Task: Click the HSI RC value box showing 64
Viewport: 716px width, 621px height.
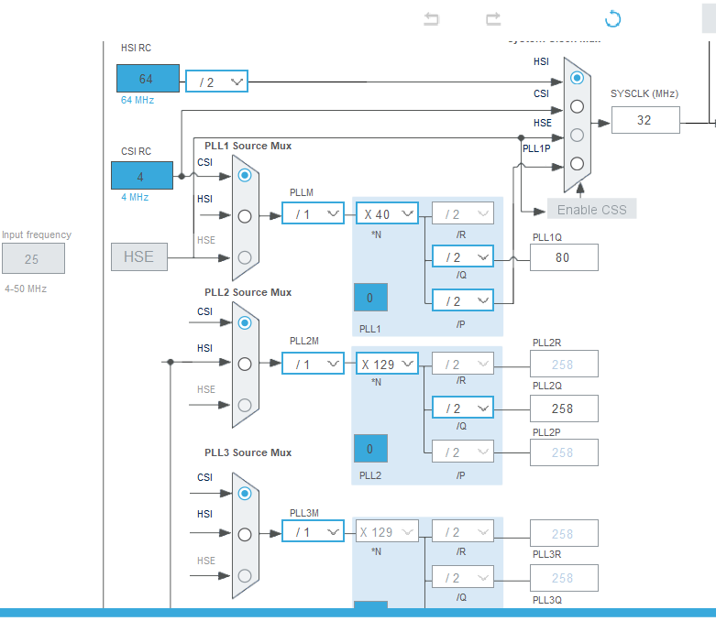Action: pyautogui.click(x=145, y=80)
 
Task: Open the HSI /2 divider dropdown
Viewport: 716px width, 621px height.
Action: pyautogui.click(x=216, y=82)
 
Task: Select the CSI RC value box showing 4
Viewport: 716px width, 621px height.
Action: pyautogui.click(x=141, y=176)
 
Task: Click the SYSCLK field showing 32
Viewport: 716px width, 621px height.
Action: pyautogui.click(x=645, y=120)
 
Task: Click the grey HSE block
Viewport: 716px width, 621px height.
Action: pyautogui.click(x=139, y=256)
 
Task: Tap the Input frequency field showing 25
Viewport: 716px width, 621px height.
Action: pyautogui.click(x=33, y=259)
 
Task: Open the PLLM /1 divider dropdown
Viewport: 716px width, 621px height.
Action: pyautogui.click(x=313, y=213)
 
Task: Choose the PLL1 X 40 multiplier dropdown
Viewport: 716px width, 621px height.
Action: pyautogui.click(x=387, y=213)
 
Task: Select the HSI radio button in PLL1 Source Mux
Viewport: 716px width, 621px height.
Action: pyautogui.click(x=244, y=216)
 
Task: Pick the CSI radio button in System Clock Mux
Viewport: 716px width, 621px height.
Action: pyautogui.click(x=577, y=106)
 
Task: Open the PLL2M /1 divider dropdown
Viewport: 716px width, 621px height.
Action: pyautogui.click(x=313, y=364)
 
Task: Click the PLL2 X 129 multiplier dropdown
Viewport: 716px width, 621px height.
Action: pyautogui.click(x=387, y=364)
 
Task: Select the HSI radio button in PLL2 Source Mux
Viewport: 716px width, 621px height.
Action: pyautogui.click(x=244, y=364)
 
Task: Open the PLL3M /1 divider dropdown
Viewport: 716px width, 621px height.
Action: pyautogui.click(x=313, y=532)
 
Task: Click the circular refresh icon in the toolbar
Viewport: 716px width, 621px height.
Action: pyautogui.click(x=612, y=19)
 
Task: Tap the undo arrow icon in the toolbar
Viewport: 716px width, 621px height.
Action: pyautogui.click(x=432, y=19)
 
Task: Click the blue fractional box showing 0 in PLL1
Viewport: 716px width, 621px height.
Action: pyautogui.click(x=370, y=298)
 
